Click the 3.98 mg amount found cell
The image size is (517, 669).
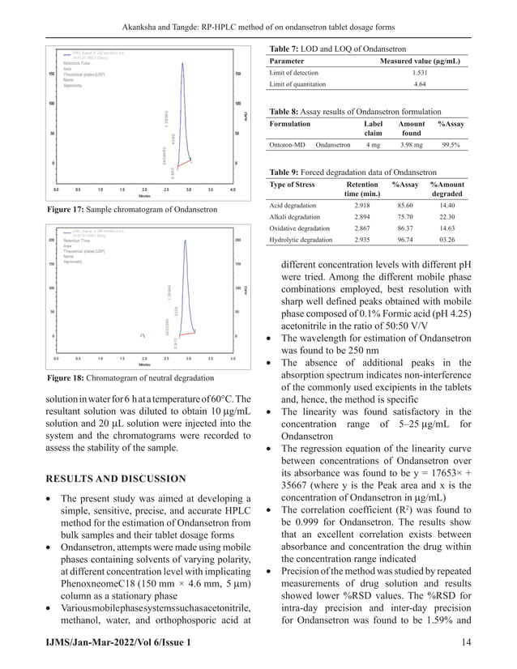(x=412, y=146)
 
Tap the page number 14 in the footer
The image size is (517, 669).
(x=465, y=642)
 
